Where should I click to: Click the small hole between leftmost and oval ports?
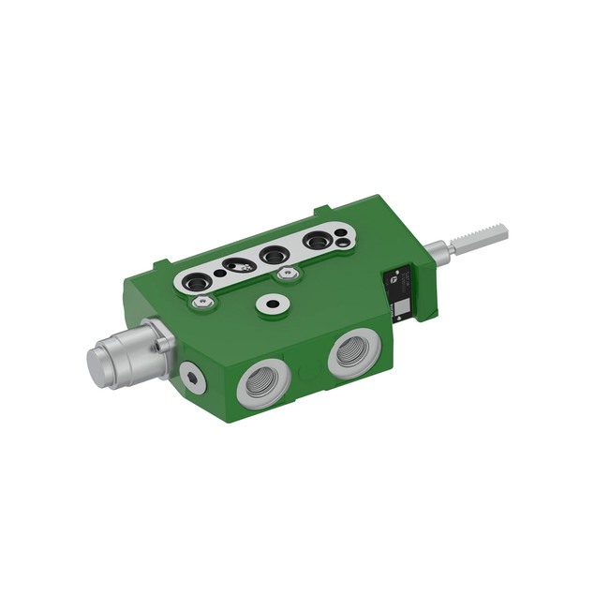pos(218,275)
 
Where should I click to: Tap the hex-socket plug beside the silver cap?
pos(193,377)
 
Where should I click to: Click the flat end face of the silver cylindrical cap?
pos(99,363)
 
